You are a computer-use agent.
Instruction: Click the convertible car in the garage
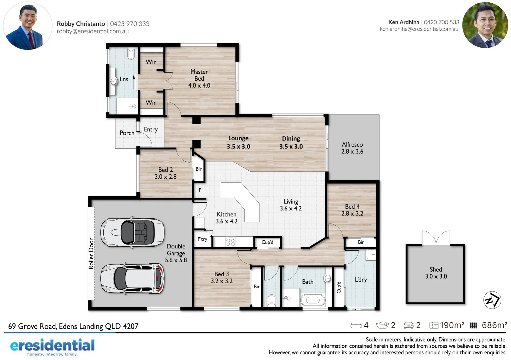coord(132,232)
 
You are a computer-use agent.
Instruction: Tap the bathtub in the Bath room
coord(313,300)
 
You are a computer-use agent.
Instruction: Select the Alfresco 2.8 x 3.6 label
coord(352,148)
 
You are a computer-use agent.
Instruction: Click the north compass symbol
coord(492,300)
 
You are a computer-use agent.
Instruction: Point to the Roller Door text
coord(91,254)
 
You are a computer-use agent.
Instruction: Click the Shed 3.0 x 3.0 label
coord(436,273)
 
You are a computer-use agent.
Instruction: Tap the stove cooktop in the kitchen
coord(230,242)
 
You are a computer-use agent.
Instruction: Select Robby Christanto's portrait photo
coord(27,26)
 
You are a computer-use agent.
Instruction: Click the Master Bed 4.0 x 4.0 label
coord(199,79)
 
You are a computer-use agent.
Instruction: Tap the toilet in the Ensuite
coord(131,53)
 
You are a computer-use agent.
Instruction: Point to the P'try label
coord(202,239)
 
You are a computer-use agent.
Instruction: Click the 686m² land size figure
coord(494,325)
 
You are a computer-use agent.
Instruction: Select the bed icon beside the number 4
coord(356,325)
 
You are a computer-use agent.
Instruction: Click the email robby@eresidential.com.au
coord(93,31)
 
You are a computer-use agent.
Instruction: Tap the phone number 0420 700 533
coord(441,22)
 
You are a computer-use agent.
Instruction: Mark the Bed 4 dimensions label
coord(352,214)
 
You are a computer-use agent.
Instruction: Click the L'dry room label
coord(361,280)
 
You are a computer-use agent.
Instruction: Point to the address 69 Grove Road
coord(73,326)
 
